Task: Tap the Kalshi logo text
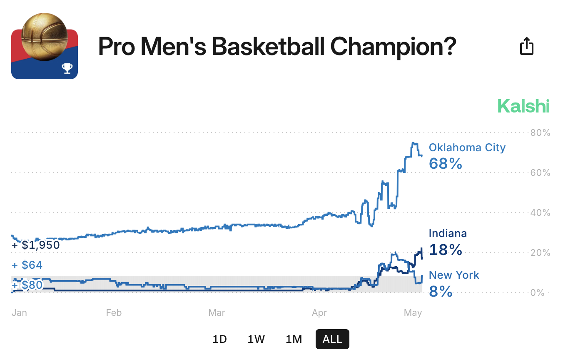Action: coord(523,106)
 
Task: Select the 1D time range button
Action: coord(219,339)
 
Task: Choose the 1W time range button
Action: coord(256,339)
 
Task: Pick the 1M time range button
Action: coord(294,339)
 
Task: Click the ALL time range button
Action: coord(332,339)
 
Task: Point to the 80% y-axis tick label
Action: coord(540,132)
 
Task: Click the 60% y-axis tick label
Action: coord(540,172)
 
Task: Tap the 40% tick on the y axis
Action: coord(540,212)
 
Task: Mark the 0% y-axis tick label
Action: coord(537,292)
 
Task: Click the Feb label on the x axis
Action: coord(114,312)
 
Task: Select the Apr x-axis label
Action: coord(319,312)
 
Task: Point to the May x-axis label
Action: coord(413,312)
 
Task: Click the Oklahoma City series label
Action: coord(467,147)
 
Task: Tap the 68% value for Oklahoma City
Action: coord(446,163)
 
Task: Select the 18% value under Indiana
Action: coord(446,250)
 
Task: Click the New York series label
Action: coord(454,275)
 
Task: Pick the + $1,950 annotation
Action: coord(36,245)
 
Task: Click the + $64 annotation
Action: coord(27,265)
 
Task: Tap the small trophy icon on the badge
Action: coord(67,68)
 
